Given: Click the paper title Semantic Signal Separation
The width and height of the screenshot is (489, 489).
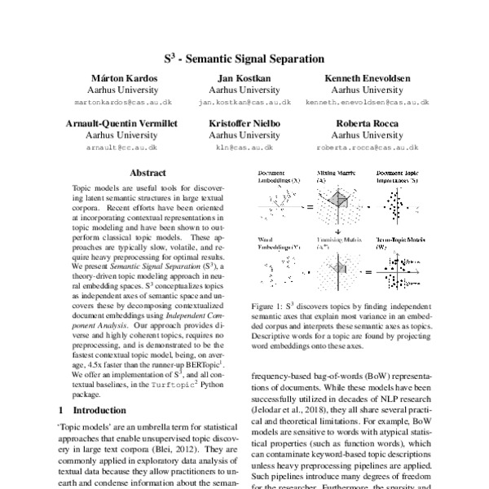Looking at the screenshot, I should point(244,59).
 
